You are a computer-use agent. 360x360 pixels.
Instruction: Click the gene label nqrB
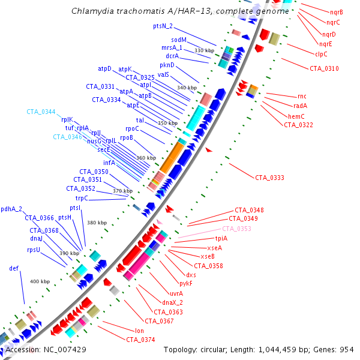click(337, 12)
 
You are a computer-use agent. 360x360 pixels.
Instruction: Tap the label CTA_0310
click(324, 68)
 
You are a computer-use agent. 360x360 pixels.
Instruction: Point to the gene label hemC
click(297, 116)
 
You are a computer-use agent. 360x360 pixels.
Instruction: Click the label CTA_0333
click(269, 178)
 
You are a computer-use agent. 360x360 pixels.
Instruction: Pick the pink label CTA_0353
click(237, 229)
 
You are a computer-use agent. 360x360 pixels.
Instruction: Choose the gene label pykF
click(186, 283)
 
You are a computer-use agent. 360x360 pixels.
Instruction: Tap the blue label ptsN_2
click(163, 26)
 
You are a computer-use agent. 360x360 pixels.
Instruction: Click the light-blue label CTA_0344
click(41, 112)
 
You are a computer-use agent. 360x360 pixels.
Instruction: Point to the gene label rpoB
click(126, 138)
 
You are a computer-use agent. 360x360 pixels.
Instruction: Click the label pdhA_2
click(11, 209)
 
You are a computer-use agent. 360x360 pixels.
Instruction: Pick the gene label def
click(14, 268)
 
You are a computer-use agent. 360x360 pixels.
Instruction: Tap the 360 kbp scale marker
click(146, 158)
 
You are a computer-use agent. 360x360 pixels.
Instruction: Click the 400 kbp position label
click(40, 281)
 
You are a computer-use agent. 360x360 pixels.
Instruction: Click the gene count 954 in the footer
click(347, 349)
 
